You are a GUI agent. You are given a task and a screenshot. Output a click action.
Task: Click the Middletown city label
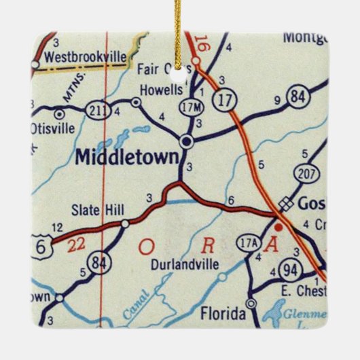point(128,156)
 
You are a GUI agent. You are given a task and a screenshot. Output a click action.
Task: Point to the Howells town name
point(160,90)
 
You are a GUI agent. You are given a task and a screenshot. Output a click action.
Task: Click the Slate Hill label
point(95,211)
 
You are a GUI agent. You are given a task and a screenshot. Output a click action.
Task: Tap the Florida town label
point(223,313)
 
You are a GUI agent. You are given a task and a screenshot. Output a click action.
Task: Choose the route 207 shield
point(307,175)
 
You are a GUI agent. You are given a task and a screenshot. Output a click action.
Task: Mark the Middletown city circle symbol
point(186,141)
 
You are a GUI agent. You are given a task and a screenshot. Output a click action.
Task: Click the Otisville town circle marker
point(59,113)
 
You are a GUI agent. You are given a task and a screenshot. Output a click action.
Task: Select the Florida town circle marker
point(251,303)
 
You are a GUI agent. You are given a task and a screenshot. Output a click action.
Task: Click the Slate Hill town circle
point(125,223)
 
